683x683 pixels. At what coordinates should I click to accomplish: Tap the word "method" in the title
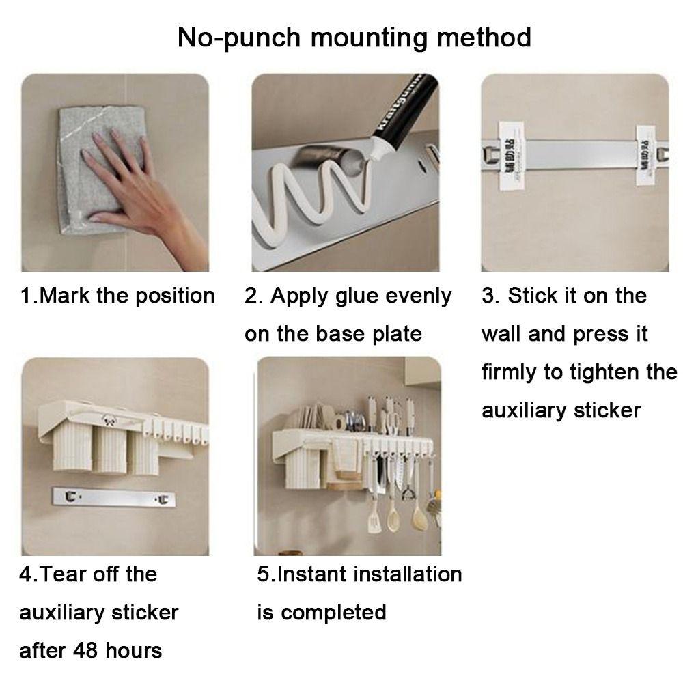pos(486,38)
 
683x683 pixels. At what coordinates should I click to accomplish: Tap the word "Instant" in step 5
pos(314,574)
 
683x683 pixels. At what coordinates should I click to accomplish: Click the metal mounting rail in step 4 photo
pos(113,499)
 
